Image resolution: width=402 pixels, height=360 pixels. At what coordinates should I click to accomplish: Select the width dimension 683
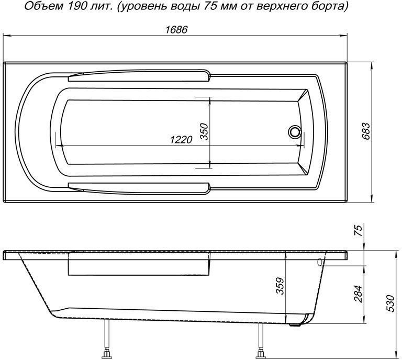(366, 134)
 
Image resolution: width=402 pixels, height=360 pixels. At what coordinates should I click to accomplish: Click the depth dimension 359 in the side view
(280, 286)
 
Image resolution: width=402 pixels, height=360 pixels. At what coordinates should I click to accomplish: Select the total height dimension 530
(390, 303)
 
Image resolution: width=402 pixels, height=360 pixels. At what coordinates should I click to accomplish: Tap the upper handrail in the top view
(139, 77)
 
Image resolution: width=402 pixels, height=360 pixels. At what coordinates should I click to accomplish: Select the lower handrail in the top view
(139, 186)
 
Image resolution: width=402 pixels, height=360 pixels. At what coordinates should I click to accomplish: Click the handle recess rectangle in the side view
(139, 267)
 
